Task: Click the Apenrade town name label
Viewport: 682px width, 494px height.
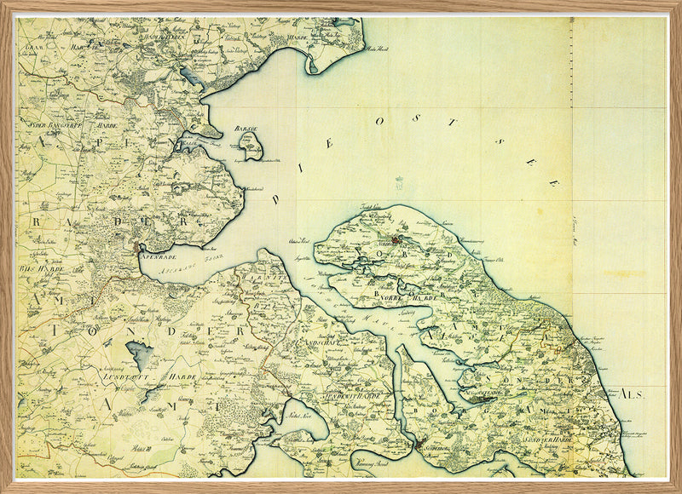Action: pyautogui.click(x=160, y=254)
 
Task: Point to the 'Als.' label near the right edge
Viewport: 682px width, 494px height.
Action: pyautogui.click(x=632, y=394)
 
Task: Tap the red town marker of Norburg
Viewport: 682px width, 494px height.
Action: pyautogui.click(x=398, y=241)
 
